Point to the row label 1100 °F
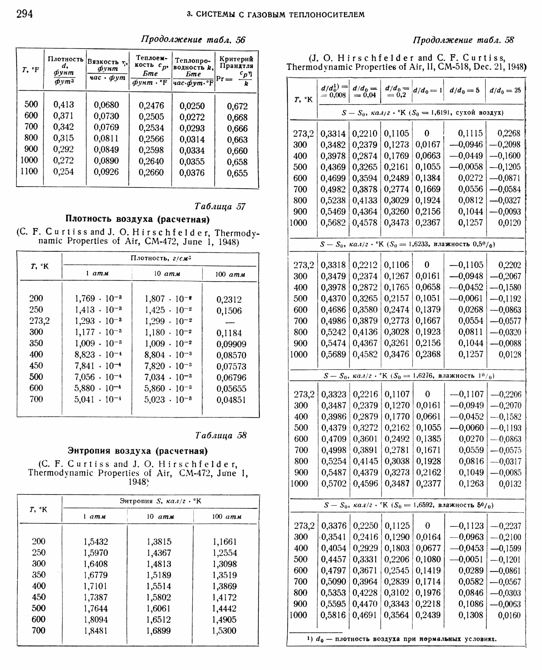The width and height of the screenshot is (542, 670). tap(29, 171)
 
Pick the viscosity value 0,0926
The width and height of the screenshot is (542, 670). tap(106, 172)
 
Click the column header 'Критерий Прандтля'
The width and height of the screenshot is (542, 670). tap(236, 63)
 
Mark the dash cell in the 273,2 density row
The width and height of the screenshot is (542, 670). tap(230, 322)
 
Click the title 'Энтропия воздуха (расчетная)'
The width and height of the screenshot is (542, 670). tap(138, 451)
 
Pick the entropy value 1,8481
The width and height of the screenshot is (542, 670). tap(96, 631)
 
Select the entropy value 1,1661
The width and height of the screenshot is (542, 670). tap(224, 542)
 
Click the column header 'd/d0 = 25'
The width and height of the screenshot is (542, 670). tap(505, 91)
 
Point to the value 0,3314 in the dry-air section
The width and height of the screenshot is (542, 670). tap(333, 134)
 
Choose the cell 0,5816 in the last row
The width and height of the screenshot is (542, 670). tap(333, 615)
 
